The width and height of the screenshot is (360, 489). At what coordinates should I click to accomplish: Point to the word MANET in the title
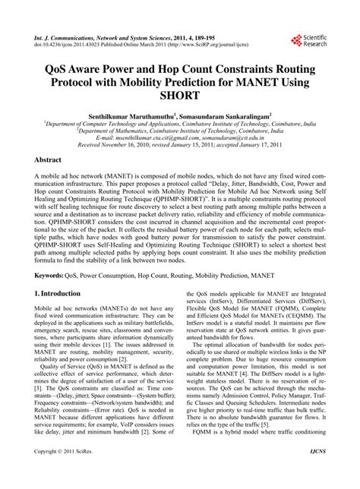click(257, 80)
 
